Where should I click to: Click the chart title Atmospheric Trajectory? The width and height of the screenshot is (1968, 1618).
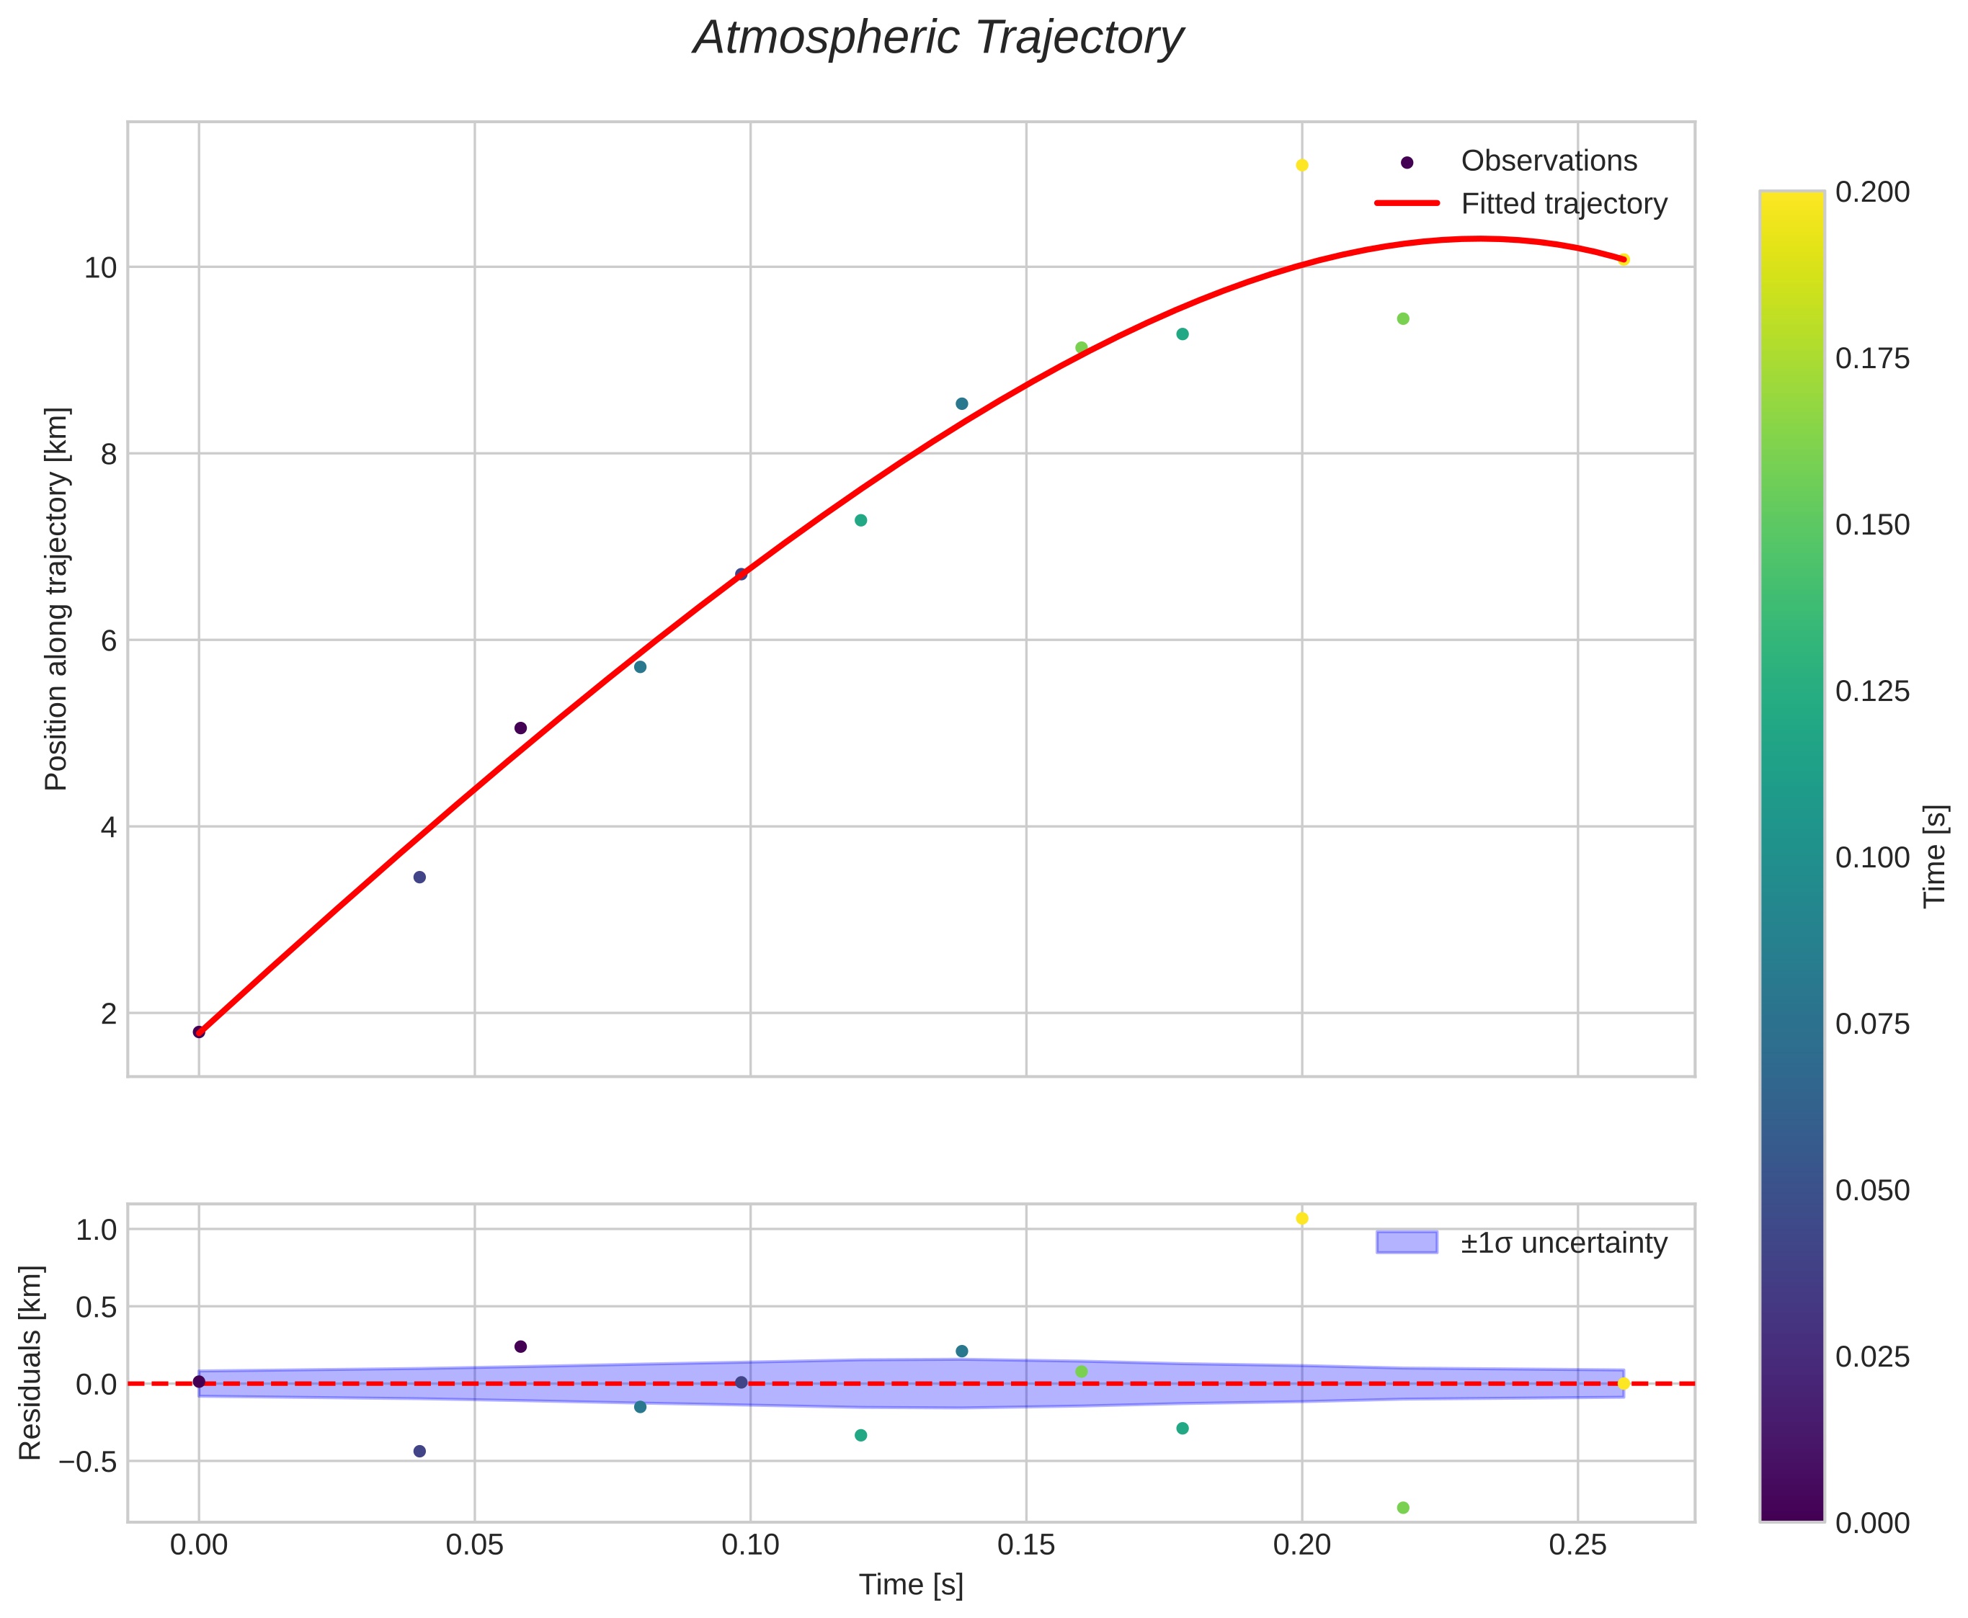(x=938, y=39)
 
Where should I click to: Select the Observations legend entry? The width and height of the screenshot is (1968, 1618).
(x=1548, y=161)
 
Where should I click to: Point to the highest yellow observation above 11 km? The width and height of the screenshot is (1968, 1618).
(x=1301, y=165)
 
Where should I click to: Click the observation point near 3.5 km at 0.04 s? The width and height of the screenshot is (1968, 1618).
(x=419, y=877)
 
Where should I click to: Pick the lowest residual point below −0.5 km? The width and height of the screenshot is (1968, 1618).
(x=1403, y=1507)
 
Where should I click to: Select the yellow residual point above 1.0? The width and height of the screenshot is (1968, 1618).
(x=1301, y=1218)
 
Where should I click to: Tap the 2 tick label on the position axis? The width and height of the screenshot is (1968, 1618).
(x=108, y=1013)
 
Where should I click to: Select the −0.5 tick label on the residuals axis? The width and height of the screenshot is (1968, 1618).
(x=89, y=1462)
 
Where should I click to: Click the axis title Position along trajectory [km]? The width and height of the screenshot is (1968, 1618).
(x=57, y=599)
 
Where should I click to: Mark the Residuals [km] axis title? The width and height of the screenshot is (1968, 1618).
(x=31, y=1363)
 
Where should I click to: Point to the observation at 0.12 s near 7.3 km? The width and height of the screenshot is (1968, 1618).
(x=860, y=520)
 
